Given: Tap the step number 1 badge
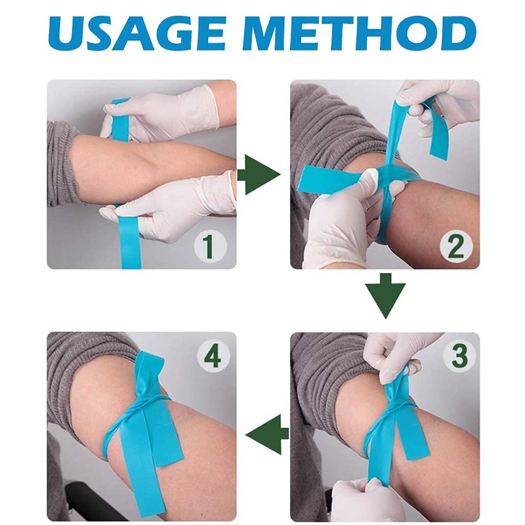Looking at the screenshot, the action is pyautogui.click(x=210, y=247).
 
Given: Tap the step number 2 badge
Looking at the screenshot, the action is pyautogui.click(x=456, y=247).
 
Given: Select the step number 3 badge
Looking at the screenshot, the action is pyautogui.click(x=459, y=356).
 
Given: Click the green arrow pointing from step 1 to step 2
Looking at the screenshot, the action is pyautogui.click(x=259, y=175).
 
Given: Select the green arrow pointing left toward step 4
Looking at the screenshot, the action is pyautogui.click(x=267, y=434).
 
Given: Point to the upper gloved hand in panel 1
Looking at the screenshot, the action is pyautogui.click(x=161, y=112).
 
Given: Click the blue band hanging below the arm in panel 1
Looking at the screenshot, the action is pyautogui.click(x=131, y=241).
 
